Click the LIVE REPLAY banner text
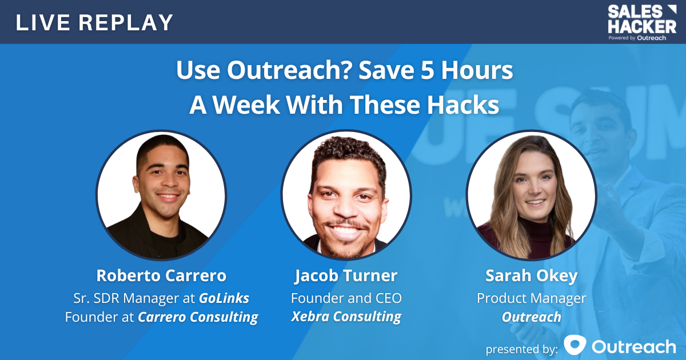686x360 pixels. [x=94, y=22]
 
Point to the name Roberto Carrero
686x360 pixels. [x=161, y=275]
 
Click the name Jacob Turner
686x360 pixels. [x=346, y=275]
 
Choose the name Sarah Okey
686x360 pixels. [x=531, y=275]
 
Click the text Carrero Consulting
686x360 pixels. [x=198, y=317]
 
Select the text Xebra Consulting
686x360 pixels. [x=346, y=317]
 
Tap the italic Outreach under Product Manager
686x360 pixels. [x=531, y=317]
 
